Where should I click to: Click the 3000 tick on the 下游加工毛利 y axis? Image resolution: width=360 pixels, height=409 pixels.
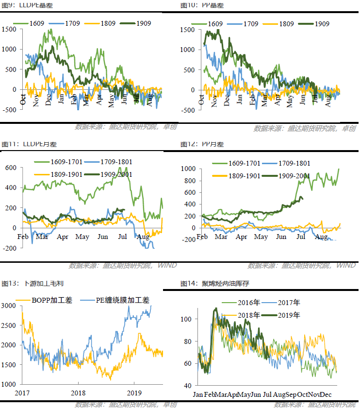pos(9,305)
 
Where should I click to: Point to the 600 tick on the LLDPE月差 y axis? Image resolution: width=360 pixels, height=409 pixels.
pos(11,168)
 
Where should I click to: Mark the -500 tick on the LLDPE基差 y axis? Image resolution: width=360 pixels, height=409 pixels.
pos(10,110)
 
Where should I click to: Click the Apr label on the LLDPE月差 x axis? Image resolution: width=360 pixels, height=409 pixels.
pos(62,237)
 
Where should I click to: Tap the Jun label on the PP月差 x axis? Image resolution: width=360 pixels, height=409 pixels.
pos(281,237)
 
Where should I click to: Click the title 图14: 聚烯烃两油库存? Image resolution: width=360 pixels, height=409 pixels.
pos(214,283)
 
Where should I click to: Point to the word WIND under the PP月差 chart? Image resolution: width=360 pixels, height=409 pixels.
pos(345,265)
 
